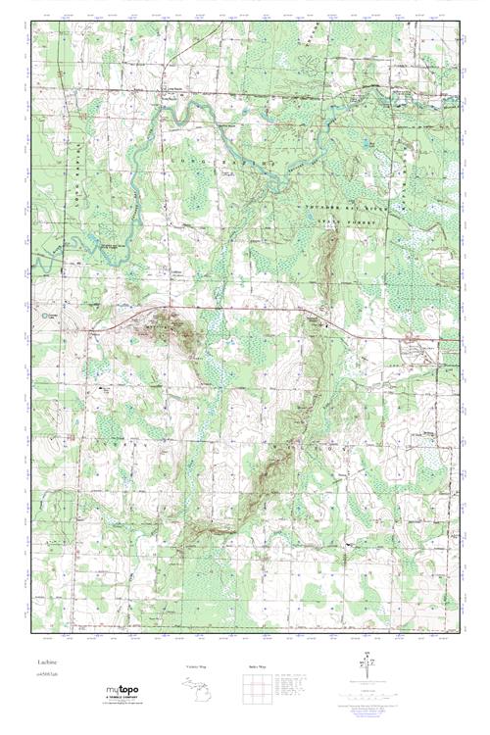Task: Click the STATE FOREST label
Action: point(362,221)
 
